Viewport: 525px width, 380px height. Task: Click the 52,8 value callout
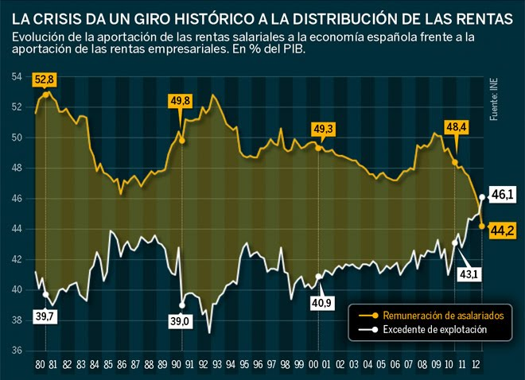point(44,79)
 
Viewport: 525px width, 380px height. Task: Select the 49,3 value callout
point(324,128)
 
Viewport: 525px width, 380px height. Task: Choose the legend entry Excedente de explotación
point(434,329)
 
